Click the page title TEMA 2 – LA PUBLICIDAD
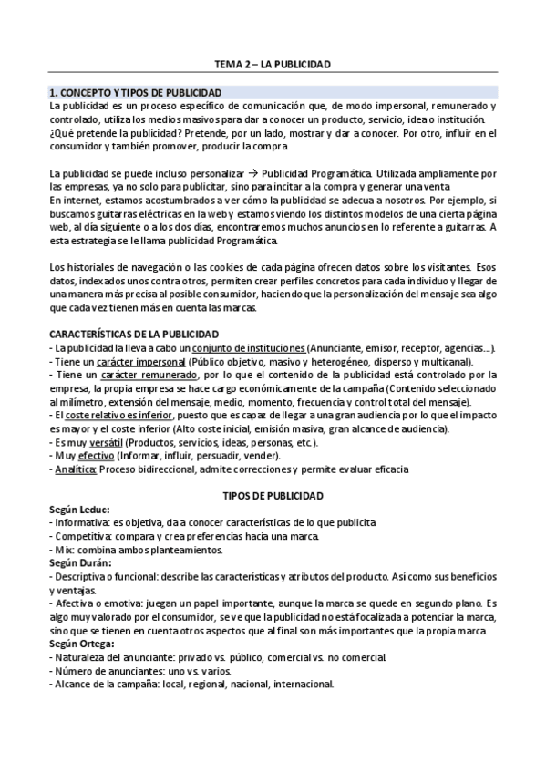(272, 64)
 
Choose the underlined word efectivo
(109, 456)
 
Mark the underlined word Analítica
(76, 469)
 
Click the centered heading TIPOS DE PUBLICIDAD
(272, 495)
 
